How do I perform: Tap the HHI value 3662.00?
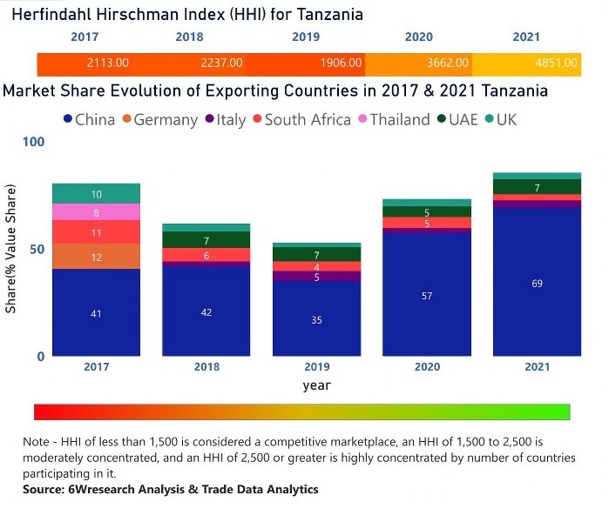[448, 64]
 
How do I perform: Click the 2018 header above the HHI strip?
[189, 37]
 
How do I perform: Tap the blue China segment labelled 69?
[537, 283]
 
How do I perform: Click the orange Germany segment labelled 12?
[96, 257]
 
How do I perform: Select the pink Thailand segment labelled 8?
[96, 212]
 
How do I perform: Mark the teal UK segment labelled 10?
[96, 194]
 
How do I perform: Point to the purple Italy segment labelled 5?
[317, 277]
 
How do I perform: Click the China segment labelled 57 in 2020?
[427, 296]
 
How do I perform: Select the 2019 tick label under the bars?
[317, 367]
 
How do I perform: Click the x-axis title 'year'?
[317, 385]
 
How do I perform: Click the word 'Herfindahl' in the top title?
[59, 14]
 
